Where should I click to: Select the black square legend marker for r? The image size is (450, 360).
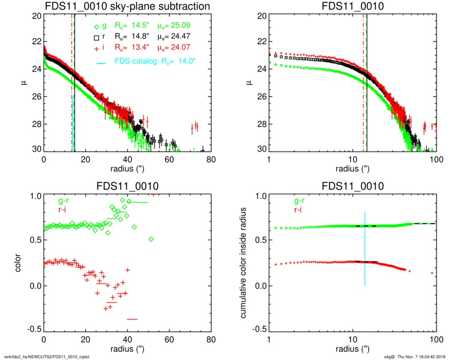pos(96,38)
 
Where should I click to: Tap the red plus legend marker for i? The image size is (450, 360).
pos(96,49)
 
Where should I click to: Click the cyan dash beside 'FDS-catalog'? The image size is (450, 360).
pos(101,63)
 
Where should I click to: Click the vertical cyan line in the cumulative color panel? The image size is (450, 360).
pos(365,249)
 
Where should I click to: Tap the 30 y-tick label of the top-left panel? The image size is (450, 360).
pos(36,151)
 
